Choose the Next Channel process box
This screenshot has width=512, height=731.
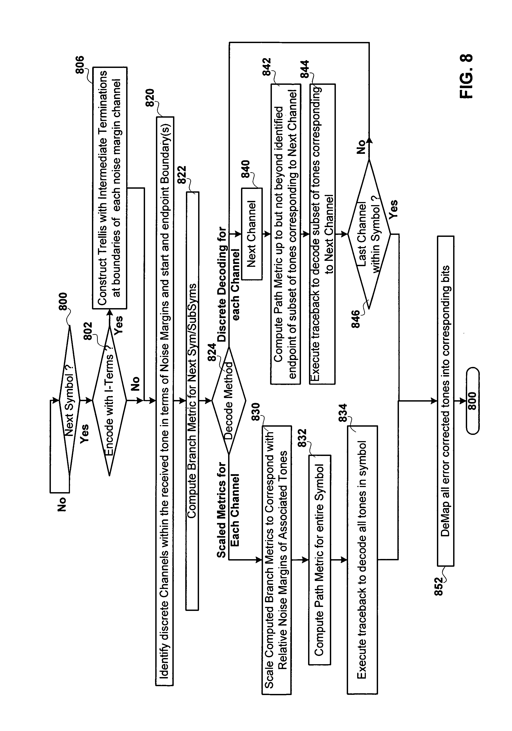252,234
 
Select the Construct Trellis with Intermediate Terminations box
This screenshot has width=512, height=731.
110,188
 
